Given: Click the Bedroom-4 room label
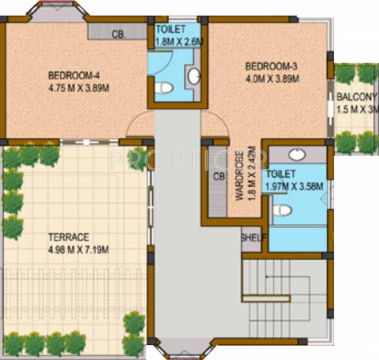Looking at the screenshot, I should pyautogui.click(x=71, y=76).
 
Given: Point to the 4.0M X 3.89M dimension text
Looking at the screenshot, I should pyautogui.click(x=272, y=78).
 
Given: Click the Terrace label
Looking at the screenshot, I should pyautogui.click(x=69, y=238).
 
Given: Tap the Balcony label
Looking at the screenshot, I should pyautogui.click(x=356, y=97).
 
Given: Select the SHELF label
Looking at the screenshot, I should pyautogui.click(x=253, y=238).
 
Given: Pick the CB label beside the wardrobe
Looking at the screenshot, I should pyautogui.click(x=219, y=176).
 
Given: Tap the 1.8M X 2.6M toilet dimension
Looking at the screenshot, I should pyautogui.click(x=177, y=42).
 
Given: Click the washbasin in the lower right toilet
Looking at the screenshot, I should pyautogui.click(x=294, y=154).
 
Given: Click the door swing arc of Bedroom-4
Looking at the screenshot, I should pyautogui.click(x=140, y=124).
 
